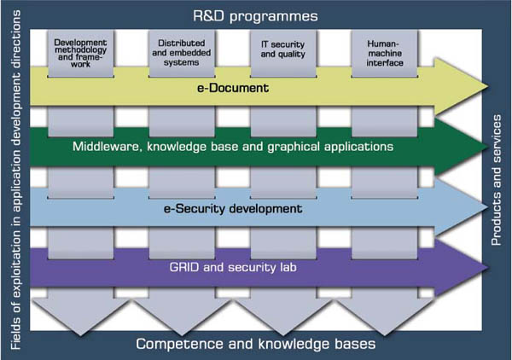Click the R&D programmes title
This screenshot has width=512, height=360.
[255, 16]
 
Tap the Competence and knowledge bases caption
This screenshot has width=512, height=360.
[256, 344]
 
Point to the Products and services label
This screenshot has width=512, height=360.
[497, 180]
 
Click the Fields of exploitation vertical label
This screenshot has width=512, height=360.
[15, 180]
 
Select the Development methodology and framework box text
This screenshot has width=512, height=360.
[80, 53]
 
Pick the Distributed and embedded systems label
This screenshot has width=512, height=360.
[182, 53]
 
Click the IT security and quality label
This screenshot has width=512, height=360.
[282, 49]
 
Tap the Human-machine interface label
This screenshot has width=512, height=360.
[384, 53]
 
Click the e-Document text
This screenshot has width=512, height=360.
[233, 88]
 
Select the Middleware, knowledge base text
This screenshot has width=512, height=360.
[232, 147]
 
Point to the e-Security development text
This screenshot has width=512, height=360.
[233, 208]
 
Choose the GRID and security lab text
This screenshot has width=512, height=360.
[233, 267]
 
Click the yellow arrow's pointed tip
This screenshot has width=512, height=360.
[488, 87]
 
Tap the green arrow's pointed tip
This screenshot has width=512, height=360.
[488, 147]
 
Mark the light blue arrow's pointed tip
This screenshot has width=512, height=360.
[488, 207]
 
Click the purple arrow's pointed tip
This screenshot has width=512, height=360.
[488, 268]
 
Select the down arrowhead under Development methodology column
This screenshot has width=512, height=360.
[80, 335]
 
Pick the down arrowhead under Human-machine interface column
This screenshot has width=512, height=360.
[384, 335]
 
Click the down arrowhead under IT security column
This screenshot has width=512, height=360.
[282, 335]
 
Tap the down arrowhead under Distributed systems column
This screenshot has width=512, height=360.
[182, 335]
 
